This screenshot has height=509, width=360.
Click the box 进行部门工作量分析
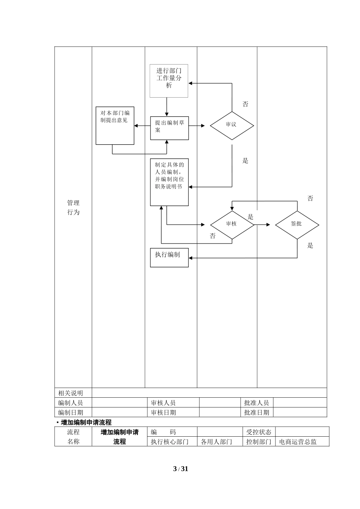[169, 81]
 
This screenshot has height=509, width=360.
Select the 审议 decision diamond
[232, 125]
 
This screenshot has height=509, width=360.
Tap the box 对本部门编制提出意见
[115, 125]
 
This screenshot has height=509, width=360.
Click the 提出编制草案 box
[169, 128]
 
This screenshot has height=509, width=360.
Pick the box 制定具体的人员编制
[169, 182]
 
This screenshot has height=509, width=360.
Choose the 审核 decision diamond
[232, 224]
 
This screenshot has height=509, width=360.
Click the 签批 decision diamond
[297, 224]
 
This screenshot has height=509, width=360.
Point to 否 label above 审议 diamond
[246, 104]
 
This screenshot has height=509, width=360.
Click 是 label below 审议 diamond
[246, 161]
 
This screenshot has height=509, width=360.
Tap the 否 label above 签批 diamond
[310, 198]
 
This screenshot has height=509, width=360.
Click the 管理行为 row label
[74, 208]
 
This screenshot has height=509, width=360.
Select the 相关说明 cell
[70, 393]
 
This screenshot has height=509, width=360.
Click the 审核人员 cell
[163, 403]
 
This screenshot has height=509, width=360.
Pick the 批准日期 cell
[257, 412]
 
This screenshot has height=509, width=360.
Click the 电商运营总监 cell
[298, 442]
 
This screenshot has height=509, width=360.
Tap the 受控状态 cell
[259, 432]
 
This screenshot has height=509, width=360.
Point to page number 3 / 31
[180, 469]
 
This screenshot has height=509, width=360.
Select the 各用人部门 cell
[216, 442]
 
